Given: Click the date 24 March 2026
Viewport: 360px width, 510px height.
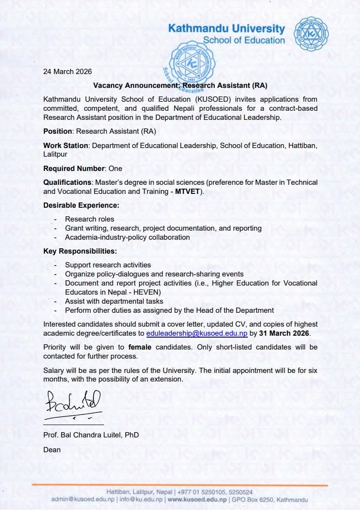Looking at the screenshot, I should tap(67, 72).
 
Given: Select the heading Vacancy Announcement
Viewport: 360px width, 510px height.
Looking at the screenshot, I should tap(180, 85).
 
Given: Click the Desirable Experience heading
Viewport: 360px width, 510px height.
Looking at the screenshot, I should tap(81, 205).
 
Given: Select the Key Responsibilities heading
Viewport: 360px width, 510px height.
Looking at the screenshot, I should tap(80, 251).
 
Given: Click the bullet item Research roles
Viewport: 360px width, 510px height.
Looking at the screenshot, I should tap(90, 219).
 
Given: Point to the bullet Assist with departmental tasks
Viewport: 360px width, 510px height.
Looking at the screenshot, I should tap(114, 301).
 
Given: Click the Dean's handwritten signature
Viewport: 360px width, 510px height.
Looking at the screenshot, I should tap(73, 402).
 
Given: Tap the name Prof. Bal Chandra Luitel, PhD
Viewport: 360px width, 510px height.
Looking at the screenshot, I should tap(91, 436).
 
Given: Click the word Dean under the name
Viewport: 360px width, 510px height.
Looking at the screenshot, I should tap(52, 449).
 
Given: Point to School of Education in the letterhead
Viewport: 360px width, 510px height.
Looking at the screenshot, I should tap(244, 40).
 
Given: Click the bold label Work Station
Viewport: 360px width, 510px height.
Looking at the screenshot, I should tap(66, 145).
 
